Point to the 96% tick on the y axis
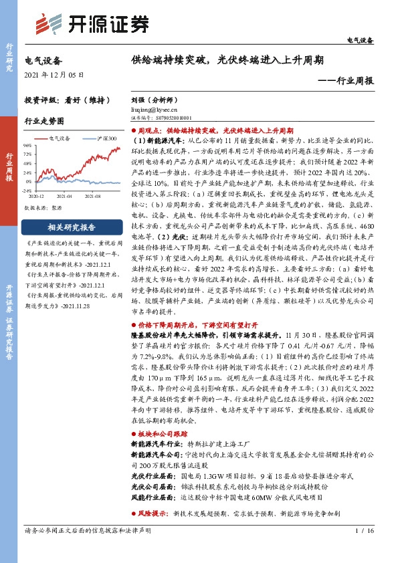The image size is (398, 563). coord(29,145)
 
